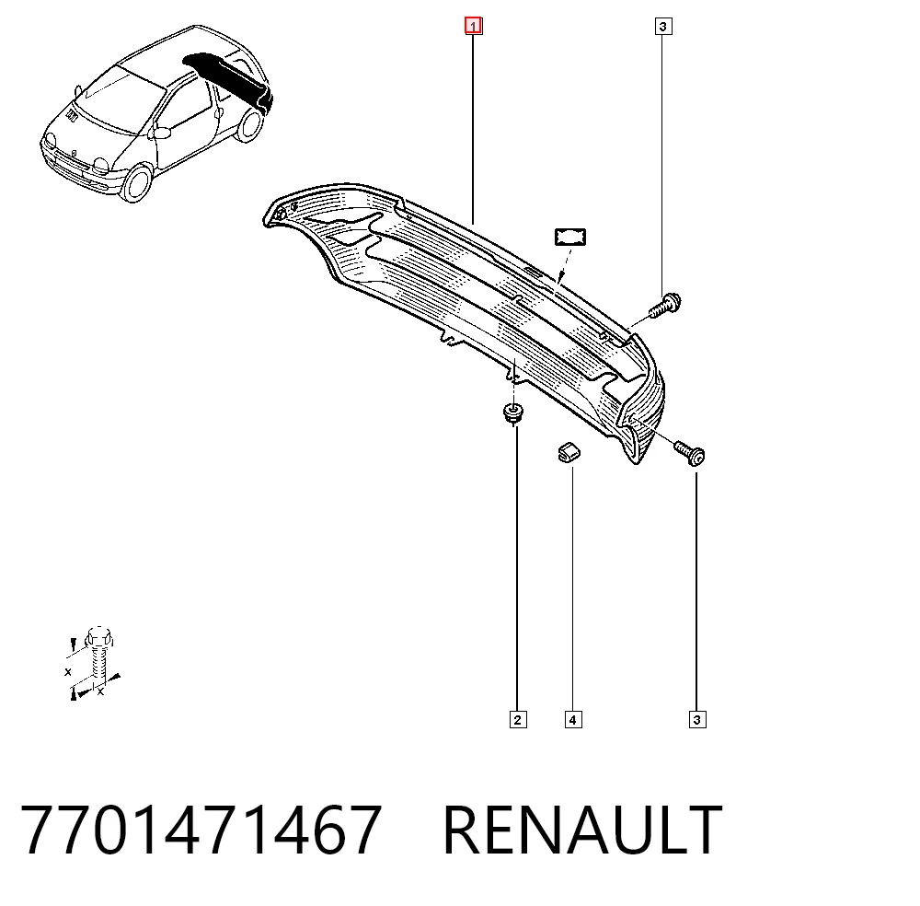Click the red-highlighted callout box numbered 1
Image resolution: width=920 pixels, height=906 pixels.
pos(474,27)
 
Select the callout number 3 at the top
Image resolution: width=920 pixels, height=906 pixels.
pos(663,27)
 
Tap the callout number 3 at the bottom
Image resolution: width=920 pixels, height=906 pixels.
pos(697,720)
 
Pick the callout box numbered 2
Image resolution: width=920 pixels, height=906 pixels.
pos(517,720)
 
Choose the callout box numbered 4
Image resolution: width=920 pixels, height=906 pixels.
pos(573,720)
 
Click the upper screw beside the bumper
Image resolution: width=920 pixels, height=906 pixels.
pos(665,306)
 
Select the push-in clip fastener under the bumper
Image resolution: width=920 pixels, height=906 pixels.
pos(513,412)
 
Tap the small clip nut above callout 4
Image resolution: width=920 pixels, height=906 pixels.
pos(568,452)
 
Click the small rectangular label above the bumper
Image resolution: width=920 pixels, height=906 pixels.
pos(570,238)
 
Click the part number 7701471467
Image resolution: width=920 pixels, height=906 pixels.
pos(201,830)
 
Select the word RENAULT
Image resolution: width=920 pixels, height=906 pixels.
pos(582,830)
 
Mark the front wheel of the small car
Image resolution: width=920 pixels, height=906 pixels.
pos(137,182)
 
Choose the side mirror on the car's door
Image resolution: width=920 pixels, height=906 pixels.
pos(160,132)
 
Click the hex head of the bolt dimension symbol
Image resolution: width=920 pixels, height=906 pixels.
pos(98,637)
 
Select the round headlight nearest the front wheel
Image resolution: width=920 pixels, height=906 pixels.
pos(101,165)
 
